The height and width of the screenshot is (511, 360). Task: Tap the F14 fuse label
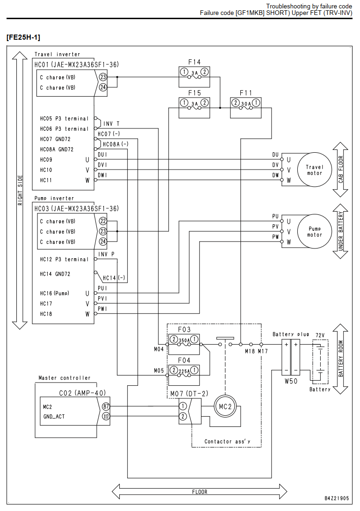tap(194, 62)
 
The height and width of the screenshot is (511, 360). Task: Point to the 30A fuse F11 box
tap(246, 107)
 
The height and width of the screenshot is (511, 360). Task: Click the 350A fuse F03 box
tap(184, 344)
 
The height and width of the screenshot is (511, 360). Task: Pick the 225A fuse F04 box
tap(184, 375)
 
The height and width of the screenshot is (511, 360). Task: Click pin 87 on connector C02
tap(106, 406)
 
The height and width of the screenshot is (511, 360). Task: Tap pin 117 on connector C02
tap(106, 417)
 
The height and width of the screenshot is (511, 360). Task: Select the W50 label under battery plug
tap(291, 381)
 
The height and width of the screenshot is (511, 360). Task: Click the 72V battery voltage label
tap(320, 335)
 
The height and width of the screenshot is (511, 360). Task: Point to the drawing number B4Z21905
tap(337, 498)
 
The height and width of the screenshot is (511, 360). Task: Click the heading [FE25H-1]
tap(23, 37)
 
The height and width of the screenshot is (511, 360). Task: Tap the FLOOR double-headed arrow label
tap(199, 492)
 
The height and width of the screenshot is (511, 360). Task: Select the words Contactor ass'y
tap(227, 441)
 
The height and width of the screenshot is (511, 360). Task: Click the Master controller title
tap(65, 378)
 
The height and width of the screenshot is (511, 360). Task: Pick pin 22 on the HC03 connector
tap(103, 221)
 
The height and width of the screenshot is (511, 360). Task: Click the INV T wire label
tap(112, 124)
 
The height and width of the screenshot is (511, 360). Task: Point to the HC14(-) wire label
tap(114, 278)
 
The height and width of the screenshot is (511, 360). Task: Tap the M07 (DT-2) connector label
tap(189, 394)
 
